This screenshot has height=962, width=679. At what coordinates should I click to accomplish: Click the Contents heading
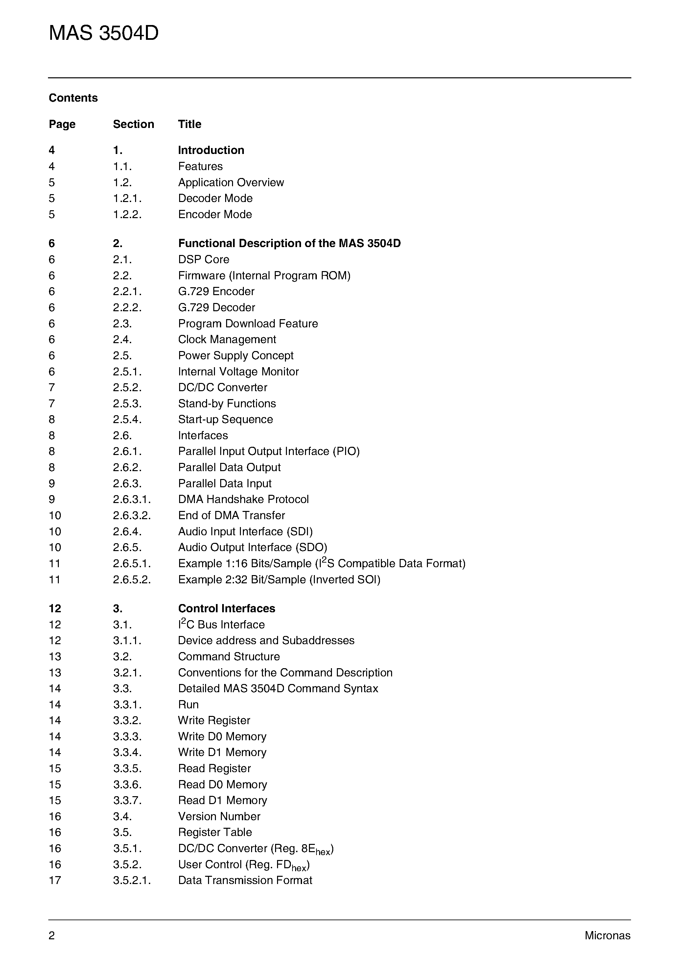[x=73, y=98]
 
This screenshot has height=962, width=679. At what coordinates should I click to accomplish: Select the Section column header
[x=133, y=124]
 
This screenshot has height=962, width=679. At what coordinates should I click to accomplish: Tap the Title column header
[x=190, y=124]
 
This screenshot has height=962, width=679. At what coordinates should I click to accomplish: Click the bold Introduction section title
[x=211, y=150]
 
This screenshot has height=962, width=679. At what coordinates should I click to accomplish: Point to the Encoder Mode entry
[x=215, y=215]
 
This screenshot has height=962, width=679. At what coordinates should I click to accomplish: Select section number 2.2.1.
[x=127, y=291]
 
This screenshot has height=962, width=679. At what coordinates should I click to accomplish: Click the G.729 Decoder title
[x=217, y=308]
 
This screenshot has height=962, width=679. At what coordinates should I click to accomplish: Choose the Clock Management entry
[x=227, y=340]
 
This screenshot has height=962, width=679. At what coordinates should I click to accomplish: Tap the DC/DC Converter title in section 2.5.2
[x=223, y=388]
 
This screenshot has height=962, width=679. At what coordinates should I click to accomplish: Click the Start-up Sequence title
[x=226, y=419]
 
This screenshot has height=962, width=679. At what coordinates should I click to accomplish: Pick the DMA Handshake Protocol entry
[x=243, y=499]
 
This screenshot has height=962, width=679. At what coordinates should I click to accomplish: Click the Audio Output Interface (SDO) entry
[x=252, y=547]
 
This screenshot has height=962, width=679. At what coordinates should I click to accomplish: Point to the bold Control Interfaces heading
[x=226, y=609]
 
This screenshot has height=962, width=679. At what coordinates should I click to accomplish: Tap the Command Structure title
[x=229, y=657]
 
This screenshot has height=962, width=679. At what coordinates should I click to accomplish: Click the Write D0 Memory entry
[x=222, y=737]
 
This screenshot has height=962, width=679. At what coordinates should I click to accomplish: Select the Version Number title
[x=219, y=817]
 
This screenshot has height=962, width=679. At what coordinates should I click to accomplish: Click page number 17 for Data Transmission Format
[x=55, y=880]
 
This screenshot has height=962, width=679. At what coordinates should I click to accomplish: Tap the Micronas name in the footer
[x=607, y=936]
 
